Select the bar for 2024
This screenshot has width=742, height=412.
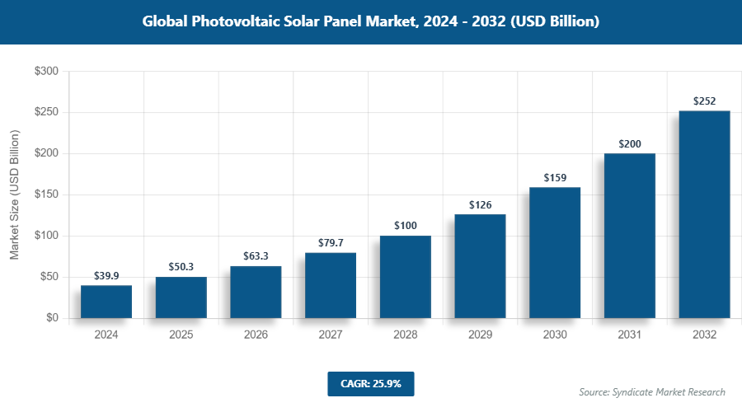[106, 302]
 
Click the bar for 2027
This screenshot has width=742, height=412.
[331, 285]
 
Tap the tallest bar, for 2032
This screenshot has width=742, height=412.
[704, 214]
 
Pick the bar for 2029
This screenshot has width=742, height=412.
[480, 266]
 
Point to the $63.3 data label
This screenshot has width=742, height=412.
[256, 256]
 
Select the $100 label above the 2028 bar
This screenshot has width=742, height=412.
[406, 226]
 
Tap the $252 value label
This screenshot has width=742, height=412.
[704, 101]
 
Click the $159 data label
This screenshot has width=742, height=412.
[555, 177]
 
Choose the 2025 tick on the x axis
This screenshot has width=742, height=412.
[181, 335]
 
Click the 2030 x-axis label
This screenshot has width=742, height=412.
[555, 335]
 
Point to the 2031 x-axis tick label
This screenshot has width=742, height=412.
[630, 335]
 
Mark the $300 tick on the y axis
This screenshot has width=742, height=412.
[46, 72]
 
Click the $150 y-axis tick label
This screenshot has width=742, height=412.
[46, 195]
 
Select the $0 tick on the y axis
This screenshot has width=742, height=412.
[51, 318]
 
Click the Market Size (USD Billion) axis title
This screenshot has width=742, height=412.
[14, 195]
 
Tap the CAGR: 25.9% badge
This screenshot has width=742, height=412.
[370, 384]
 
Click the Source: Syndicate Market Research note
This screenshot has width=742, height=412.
[652, 392]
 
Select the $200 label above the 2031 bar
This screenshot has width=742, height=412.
[630, 143]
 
